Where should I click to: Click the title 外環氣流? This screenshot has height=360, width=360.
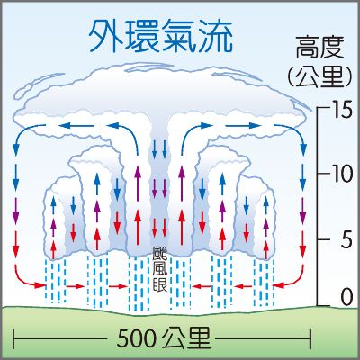tap(161, 37)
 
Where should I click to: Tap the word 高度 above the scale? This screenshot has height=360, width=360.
tap(319, 48)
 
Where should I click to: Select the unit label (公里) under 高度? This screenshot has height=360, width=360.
tap(319, 77)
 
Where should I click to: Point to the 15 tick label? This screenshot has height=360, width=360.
tap(340, 109)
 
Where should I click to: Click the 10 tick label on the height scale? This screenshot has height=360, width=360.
tap(340, 174)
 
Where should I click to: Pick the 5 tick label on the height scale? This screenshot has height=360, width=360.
tap(346, 239)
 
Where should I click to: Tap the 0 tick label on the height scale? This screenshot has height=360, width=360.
tap(346, 297)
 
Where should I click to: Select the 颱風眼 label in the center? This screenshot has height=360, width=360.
tap(160, 269)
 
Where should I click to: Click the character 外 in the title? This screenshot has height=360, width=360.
tap(106, 37)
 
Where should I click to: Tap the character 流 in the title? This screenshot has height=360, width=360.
tap(215, 37)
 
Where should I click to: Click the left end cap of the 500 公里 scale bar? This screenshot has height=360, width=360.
tap(13, 339)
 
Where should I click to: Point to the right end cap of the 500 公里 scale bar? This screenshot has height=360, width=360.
tap(310, 339)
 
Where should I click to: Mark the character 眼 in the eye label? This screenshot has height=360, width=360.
tap(160, 284)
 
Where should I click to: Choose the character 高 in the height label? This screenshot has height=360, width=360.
tap(308, 48)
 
